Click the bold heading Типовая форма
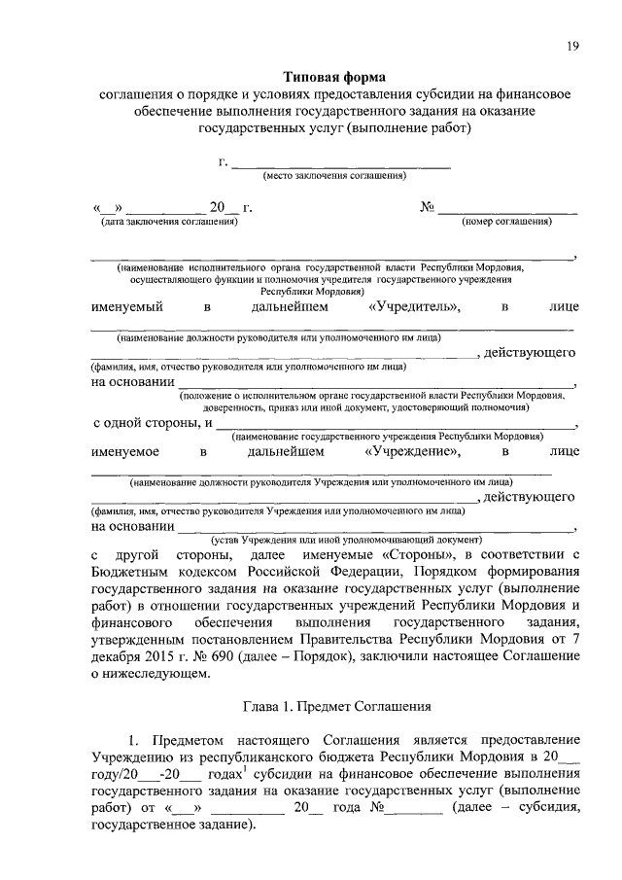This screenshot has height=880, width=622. click(x=334, y=77)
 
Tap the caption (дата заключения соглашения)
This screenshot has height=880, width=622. click(x=164, y=223)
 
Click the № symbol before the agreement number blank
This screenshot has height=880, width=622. click(x=426, y=208)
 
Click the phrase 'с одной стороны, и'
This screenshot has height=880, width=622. click(x=152, y=424)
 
